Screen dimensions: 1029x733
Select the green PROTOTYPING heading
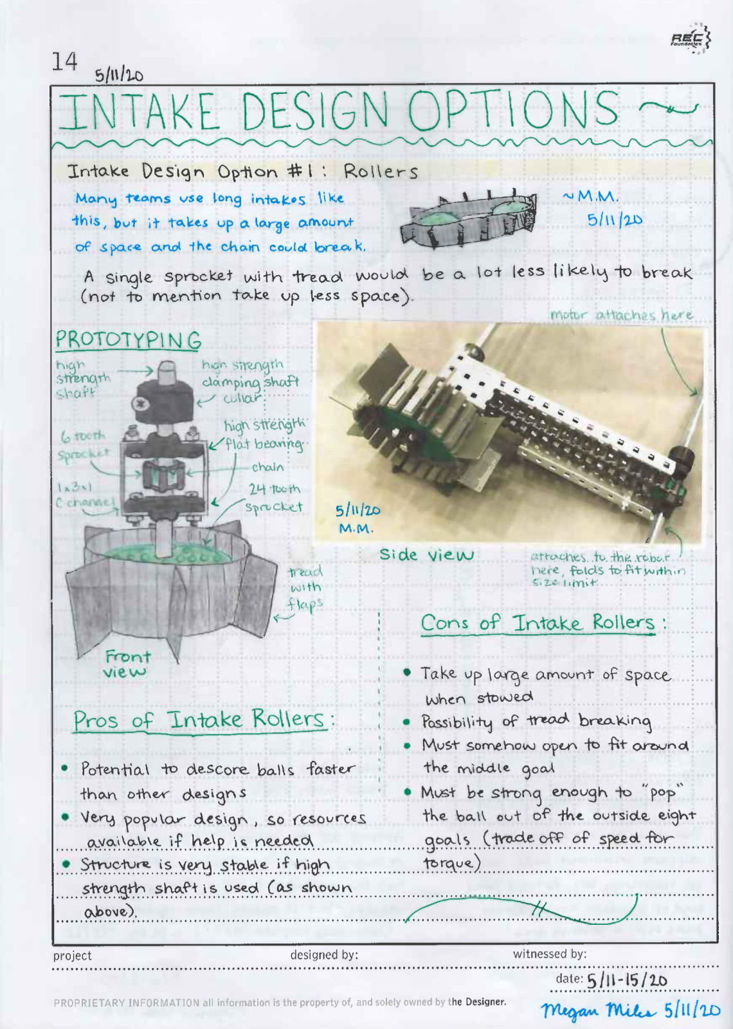pos(128,340)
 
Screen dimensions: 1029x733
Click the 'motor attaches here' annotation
pos(621,315)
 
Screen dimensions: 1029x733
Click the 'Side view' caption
pos(426,555)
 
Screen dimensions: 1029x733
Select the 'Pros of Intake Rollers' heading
pos(201,720)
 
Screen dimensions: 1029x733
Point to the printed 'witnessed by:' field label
pos(549,954)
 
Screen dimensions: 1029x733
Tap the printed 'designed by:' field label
pos(324,955)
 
